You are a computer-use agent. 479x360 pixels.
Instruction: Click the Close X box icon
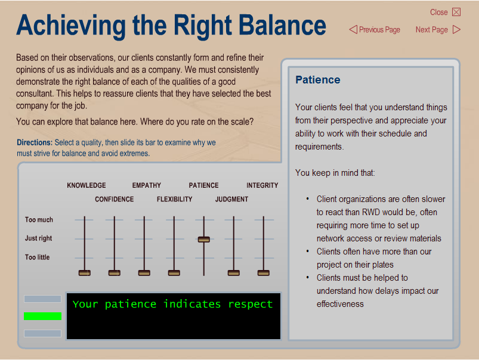pyautogui.click(x=456, y=12)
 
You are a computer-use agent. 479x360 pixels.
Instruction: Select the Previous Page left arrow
pyautogui.click(x=353, y=29)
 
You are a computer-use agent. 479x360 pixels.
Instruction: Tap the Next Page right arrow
pyautogui.click(x=456, y=29)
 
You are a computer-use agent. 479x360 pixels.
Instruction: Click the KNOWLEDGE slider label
pyautogui.click(x=86, y=185)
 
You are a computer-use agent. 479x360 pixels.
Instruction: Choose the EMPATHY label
pyautogui.click(x=147, y=185)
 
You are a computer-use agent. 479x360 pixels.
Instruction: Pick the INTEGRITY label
pyautogui.click(x=262, y=185)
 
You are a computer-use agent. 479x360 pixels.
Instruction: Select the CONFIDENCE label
pyautogui.click(x=115, y=199)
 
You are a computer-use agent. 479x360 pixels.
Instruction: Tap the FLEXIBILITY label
pyautogui.click(x=175, y=199)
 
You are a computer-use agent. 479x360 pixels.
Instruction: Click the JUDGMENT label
pyautogui.click(x=231, y=199)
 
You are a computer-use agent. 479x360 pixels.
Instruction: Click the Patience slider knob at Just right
pyautogui.click(x=204, y=240)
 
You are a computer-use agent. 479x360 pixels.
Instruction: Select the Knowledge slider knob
pyautogui.click(x=85, y=272)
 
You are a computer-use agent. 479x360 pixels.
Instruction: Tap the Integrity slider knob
pyautogui.click(x=263, y=272)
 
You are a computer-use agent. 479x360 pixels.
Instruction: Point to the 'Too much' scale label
pyautogui.click(x=39, y=220)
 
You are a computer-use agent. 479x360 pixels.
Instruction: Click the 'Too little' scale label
pyautogui.click(x=37, y=257)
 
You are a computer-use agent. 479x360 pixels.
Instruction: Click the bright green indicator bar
pyautogui.click(x=42, y=316)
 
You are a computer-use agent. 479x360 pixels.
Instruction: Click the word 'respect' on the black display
pyautogui.click(x=251, y=305)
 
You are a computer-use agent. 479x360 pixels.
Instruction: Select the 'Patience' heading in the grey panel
pyautogui.click(x=318, y=80)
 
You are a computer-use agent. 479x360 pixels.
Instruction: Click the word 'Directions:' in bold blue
pyautogui.click(x=35, y=142)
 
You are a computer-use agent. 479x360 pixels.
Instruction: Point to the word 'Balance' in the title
pyautogui.click(x=282, y=25)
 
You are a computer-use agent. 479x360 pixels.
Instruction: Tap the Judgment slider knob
pyautogui.click(x=234, y=272)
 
